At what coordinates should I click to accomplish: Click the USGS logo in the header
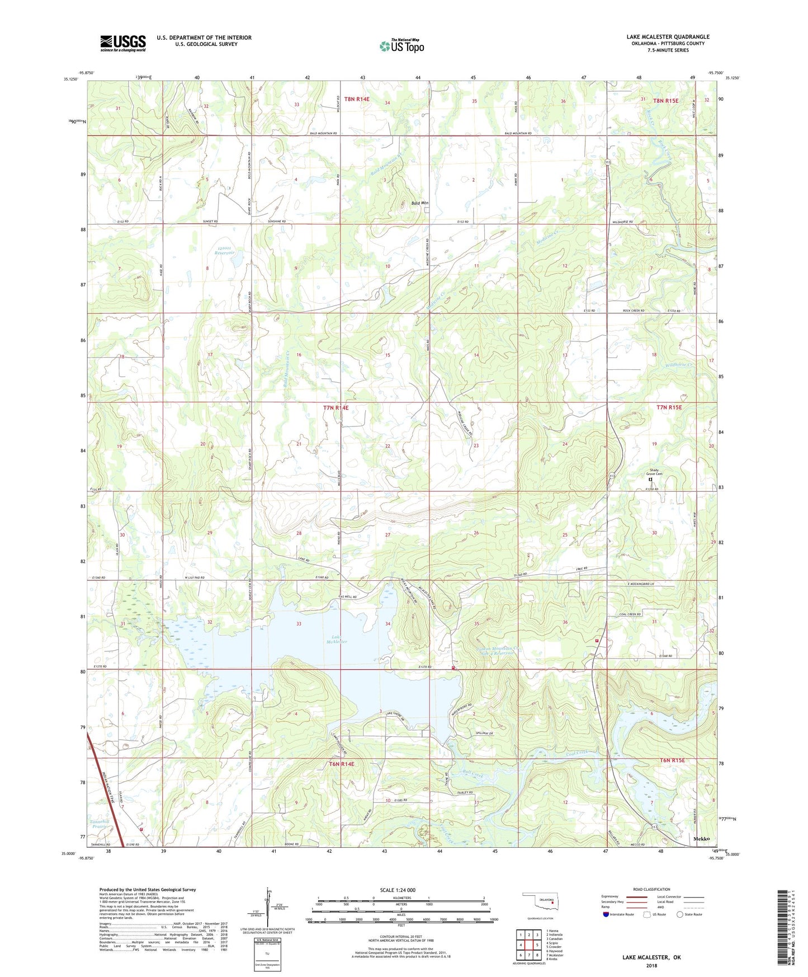click(122, 43)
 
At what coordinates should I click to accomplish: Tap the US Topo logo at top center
click(401, 45)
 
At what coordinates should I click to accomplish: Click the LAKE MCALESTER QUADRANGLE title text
click(668, 37)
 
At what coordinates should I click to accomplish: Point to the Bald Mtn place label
click(420, 203)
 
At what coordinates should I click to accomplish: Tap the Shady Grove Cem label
click(654, 472)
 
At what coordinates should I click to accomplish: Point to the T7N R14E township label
click(336, 408)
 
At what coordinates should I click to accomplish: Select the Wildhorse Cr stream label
click(679, 365)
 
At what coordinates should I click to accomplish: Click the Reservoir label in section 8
click(224, 253)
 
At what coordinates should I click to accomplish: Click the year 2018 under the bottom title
click(651, 965)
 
